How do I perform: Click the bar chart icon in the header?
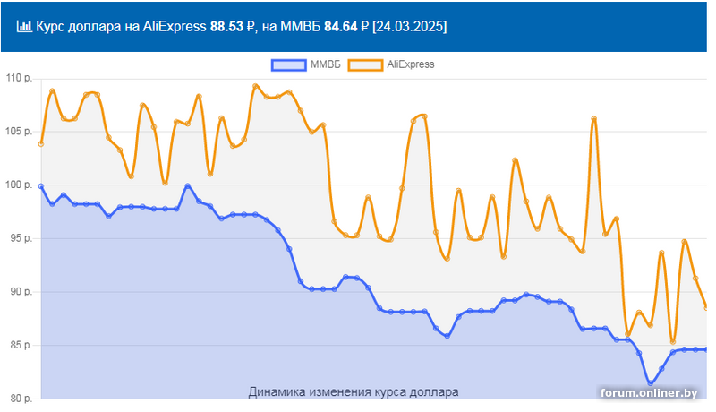pyautogui.click(x=24, y=27)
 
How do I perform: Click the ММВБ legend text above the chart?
pyautogui.click(x=324, y=64)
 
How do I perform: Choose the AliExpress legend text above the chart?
pyautogui.click(x=411, y=64)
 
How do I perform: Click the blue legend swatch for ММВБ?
pyautogui.click(x=286, y=64)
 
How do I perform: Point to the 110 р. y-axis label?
pyautogui.click(x=18, y=79)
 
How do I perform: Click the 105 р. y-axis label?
pyautogui.click(x=18, y=132)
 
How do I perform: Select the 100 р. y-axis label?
pyautogui.click(x=18, y=185)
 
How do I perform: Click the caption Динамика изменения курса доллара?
pyautogui.click(x=353, y=392)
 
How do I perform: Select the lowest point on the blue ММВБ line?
pyautogui.click(x=651, y=383)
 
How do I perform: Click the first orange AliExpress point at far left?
pyautogui.click(x=41, y=144)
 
